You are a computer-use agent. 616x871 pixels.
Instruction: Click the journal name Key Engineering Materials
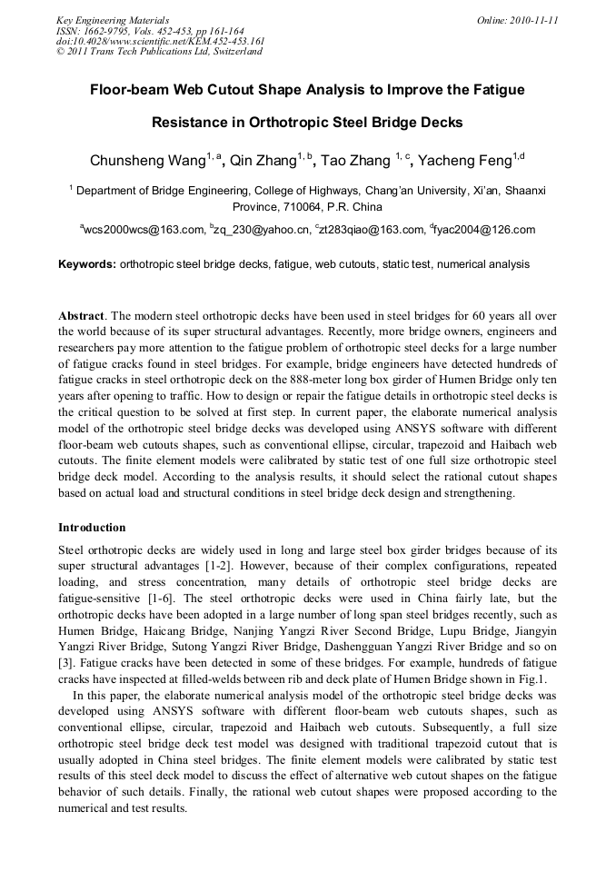point(113,20)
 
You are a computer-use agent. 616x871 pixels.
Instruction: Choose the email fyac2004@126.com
point(486,231)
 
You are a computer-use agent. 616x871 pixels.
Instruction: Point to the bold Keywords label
point(87,264)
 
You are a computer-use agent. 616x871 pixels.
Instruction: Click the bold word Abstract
point(81,315)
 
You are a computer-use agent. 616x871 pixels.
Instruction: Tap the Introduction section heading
point(92,528)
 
